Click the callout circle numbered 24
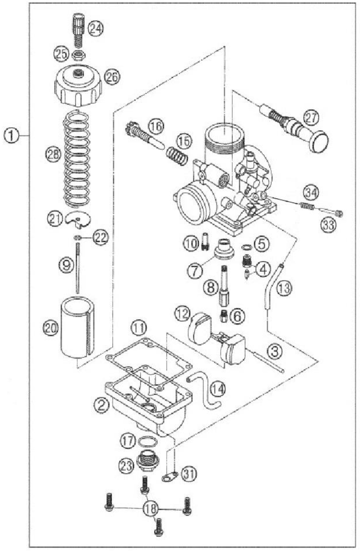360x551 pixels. tap(95, 28)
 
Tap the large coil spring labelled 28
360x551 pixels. tap(77, 158)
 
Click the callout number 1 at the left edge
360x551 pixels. tap(11, 136)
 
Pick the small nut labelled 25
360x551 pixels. tap(77, 55)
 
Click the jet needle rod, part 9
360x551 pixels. tap(77, 269)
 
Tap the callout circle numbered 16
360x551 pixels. tap(155, 126)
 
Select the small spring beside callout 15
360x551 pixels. tap(176, 155)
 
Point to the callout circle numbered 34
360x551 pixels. tap(311, 193)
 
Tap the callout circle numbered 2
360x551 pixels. tap(101, 406)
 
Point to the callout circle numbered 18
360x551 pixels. tap(151, 508)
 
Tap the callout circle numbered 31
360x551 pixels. tap(189, 474)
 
